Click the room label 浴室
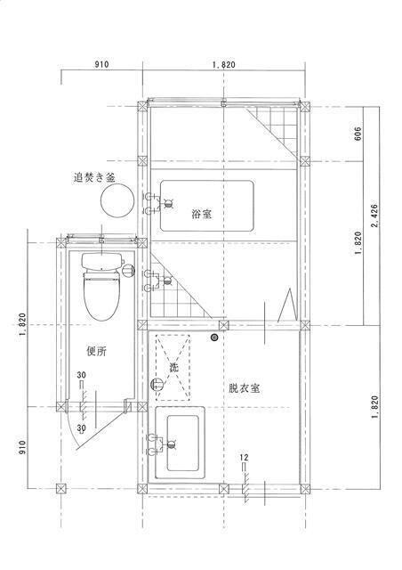click(202, 214)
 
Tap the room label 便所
click(97, 351)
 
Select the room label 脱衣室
click(244, 388)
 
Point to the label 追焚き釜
click(94, 178)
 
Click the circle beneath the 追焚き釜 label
click(117, 199)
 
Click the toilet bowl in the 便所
click(101, 297)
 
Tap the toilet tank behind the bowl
click(101, 261)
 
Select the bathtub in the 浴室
click(207, 206)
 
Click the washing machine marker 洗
click(174, 368)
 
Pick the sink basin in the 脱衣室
click(183, 443)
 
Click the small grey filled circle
click(214, 338)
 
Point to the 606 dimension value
click(358, 134)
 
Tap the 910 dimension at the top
click(101, 65)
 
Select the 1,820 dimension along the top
click(224, 65)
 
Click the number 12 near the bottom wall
click(244, 457)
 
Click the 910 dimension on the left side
click(22, 447)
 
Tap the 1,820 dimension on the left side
click(22, 323)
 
